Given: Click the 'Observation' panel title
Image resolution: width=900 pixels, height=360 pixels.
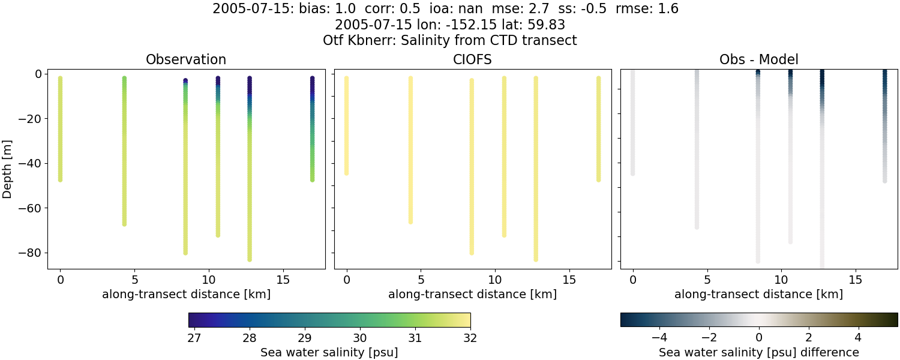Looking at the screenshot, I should [186, 59].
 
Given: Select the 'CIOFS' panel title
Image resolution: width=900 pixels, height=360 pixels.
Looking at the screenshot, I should [472, 59].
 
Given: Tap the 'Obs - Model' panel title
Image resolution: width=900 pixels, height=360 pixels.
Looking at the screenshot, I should [758, 59].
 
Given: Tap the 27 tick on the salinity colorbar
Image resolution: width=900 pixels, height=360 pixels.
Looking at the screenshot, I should [194, 338].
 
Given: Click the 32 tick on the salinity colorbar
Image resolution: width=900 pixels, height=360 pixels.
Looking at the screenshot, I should [470, 338].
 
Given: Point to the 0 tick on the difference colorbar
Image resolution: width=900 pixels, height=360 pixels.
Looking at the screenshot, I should [759, 338].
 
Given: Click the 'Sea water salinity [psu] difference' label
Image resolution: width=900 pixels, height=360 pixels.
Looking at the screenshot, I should [758, 352].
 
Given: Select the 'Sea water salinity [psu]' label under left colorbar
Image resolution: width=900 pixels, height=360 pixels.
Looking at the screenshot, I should [329, 352].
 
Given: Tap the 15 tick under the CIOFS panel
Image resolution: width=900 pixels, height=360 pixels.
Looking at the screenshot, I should [569, 280].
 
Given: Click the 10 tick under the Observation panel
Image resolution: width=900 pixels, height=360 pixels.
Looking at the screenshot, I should [208, 280].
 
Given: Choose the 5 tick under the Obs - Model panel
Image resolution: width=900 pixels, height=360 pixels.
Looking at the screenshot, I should [707, 280].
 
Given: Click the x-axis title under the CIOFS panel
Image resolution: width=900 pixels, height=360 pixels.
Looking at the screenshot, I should [472, 294].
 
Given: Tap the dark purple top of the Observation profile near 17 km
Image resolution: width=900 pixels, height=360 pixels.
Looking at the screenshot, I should [312, 79].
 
